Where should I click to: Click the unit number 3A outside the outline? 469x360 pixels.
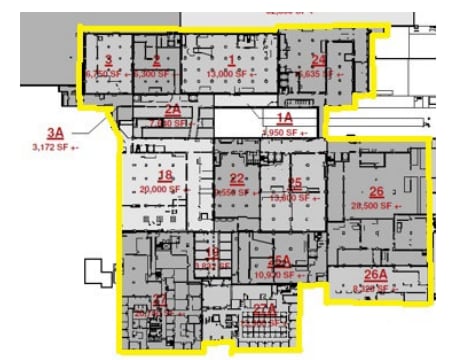(54, 132)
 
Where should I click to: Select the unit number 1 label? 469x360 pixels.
(232, 60)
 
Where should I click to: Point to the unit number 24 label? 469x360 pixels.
(319, 60)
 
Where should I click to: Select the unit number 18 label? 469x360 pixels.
(166, 175)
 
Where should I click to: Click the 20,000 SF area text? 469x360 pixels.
(163, 188)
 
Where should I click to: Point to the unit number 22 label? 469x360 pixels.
(238, 179)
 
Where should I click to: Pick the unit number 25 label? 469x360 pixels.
(295, 183)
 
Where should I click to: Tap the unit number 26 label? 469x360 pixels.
(376, 191)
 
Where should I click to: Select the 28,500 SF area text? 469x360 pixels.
(376, 206)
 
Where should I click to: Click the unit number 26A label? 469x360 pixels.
(375, 274)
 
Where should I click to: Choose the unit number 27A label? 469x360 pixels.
(265, 311)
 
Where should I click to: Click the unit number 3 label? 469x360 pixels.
(107, 60)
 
